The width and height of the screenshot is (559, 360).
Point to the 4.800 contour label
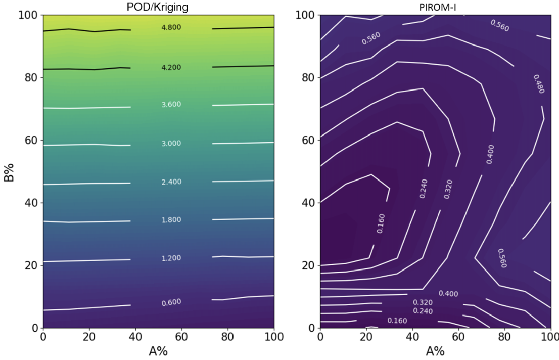tap(171, 27)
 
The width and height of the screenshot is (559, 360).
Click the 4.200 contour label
tap(171, 67)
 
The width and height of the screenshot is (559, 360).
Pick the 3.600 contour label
tap(171, 105)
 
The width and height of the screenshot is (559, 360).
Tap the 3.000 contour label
tap(171, 144)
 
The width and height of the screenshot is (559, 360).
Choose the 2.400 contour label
tap(171, 182)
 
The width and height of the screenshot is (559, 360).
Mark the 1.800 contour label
tap(171, 220)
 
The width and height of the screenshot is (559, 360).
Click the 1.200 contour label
tap(171, 258)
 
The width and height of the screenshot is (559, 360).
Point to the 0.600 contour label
tap(171, 302)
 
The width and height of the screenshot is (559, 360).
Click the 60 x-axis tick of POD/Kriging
tap(181, 336)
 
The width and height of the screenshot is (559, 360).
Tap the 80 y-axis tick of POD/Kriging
tap(32, 78)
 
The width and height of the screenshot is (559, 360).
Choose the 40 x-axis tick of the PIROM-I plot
tap(412, 336)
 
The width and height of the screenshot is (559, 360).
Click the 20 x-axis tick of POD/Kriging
tap(89, 336)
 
